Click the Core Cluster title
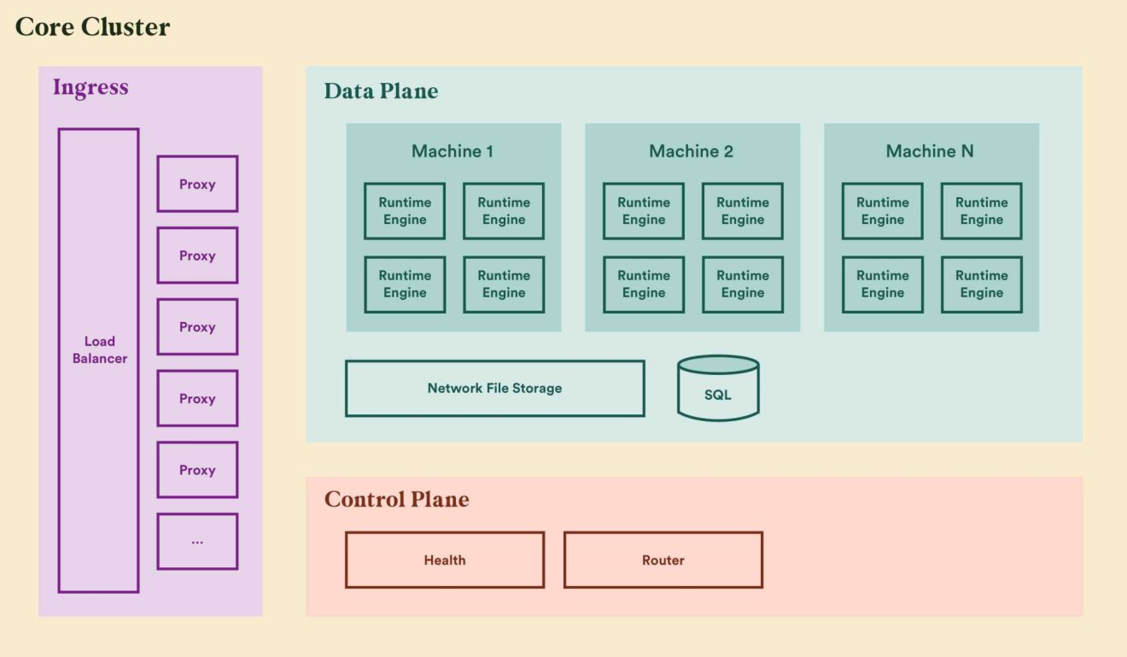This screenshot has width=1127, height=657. [x=92, y=26]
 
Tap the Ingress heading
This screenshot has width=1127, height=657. [x=91, y=87]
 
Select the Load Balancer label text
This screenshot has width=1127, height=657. [x=99, y=350]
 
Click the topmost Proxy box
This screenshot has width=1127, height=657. [x=197, y=184]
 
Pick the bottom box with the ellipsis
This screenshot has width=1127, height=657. [x=197, y=542]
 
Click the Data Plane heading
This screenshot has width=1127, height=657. [x=381, y=91]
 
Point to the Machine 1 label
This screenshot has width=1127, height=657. [x=453, y=151]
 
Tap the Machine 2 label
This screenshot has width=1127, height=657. [x=691, y=151]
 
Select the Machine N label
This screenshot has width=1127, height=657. [x=930, y=151]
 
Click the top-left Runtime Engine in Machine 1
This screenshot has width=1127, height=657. [x=405, y=211]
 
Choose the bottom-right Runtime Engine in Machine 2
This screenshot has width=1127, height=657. [x=742, y=285]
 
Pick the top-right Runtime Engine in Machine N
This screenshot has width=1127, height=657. [x=981, y=211]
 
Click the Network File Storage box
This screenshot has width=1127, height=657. [x=494, y=388]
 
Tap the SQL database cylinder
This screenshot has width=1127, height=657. [x=718, y=389]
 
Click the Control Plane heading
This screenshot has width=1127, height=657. [x=396, y=500]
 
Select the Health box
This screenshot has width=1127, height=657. [x=445, y=560]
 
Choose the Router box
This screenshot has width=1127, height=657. [x=663, y=560]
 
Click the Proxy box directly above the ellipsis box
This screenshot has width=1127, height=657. [x=197, y=470]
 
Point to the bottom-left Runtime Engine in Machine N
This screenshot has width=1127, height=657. [x=882, y=285]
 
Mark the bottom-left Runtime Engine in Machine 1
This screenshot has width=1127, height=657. [x=405, y=285]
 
